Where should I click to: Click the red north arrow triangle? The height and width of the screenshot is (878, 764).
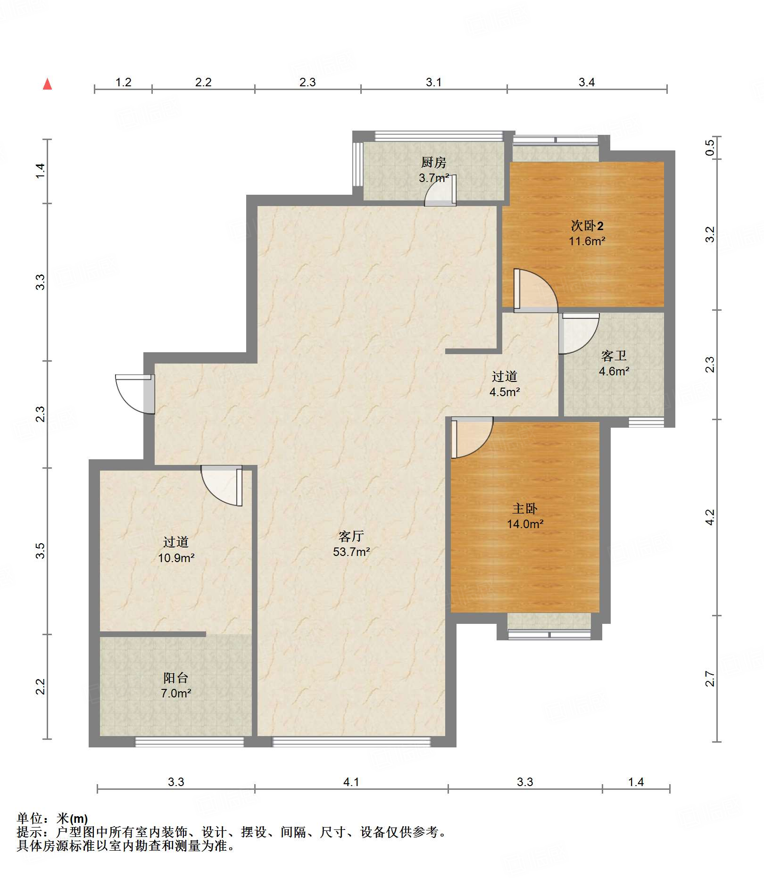point(47,84)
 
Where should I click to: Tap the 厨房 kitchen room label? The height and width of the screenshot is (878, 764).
point(433,163)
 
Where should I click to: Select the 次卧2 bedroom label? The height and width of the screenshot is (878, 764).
point(587,226)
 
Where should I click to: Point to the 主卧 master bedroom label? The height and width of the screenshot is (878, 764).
point(525,508)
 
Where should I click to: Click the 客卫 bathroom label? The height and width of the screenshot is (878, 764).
point(614,356)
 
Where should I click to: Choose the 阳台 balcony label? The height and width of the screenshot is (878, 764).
point(176,678)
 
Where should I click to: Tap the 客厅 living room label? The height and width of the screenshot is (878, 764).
point(351,536)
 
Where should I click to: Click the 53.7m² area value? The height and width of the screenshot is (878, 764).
point(351,552)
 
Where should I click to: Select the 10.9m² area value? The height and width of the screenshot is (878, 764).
point(176,558)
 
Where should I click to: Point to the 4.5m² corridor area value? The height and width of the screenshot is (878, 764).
point(505,392)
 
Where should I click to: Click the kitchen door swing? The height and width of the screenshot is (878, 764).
point(440,191)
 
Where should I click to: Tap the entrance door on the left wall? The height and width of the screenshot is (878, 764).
point(135,394)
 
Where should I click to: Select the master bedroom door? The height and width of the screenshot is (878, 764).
point(472,438)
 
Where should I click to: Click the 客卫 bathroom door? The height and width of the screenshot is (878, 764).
point(579,333)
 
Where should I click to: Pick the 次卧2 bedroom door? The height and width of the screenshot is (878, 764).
point(536,290)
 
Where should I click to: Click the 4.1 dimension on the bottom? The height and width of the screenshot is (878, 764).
point(351,782)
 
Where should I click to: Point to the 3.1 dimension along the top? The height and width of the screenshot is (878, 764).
point(434,83)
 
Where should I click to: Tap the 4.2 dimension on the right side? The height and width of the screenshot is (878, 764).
point(710,517)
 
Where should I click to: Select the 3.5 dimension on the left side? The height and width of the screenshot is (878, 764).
point(41,551)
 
